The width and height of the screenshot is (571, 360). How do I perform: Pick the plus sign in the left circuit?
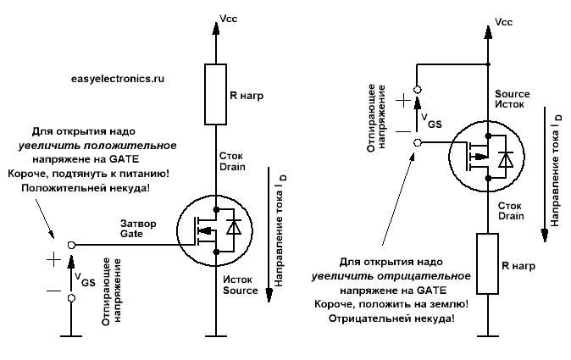click(55, 259)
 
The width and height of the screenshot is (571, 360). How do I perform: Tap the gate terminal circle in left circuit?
click(71, 244)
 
